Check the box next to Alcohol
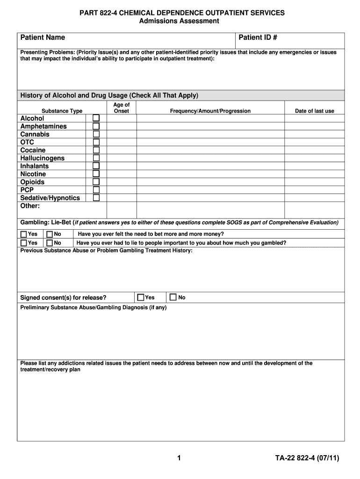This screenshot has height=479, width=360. (96, 118)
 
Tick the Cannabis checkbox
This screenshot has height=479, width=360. (96, 134)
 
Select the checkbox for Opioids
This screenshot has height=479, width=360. (96, 181)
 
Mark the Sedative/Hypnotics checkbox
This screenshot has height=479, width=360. (96, 197)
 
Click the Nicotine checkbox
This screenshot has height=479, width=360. (96, 174)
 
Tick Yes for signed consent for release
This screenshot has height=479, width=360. (141, 298)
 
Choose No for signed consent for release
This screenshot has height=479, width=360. (173, 298)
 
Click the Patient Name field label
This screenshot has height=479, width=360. (43, 37)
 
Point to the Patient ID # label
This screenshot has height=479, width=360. (258, 37)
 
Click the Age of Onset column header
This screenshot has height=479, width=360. (122, 108)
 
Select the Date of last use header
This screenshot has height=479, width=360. (314, 111)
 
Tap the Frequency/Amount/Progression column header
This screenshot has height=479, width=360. (210, 111)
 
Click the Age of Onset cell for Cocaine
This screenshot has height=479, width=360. (122, 150)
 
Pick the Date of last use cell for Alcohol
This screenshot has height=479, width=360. (314, 118)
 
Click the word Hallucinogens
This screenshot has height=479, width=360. (43, 158)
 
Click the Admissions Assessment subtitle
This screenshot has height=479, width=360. (180, 22)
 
